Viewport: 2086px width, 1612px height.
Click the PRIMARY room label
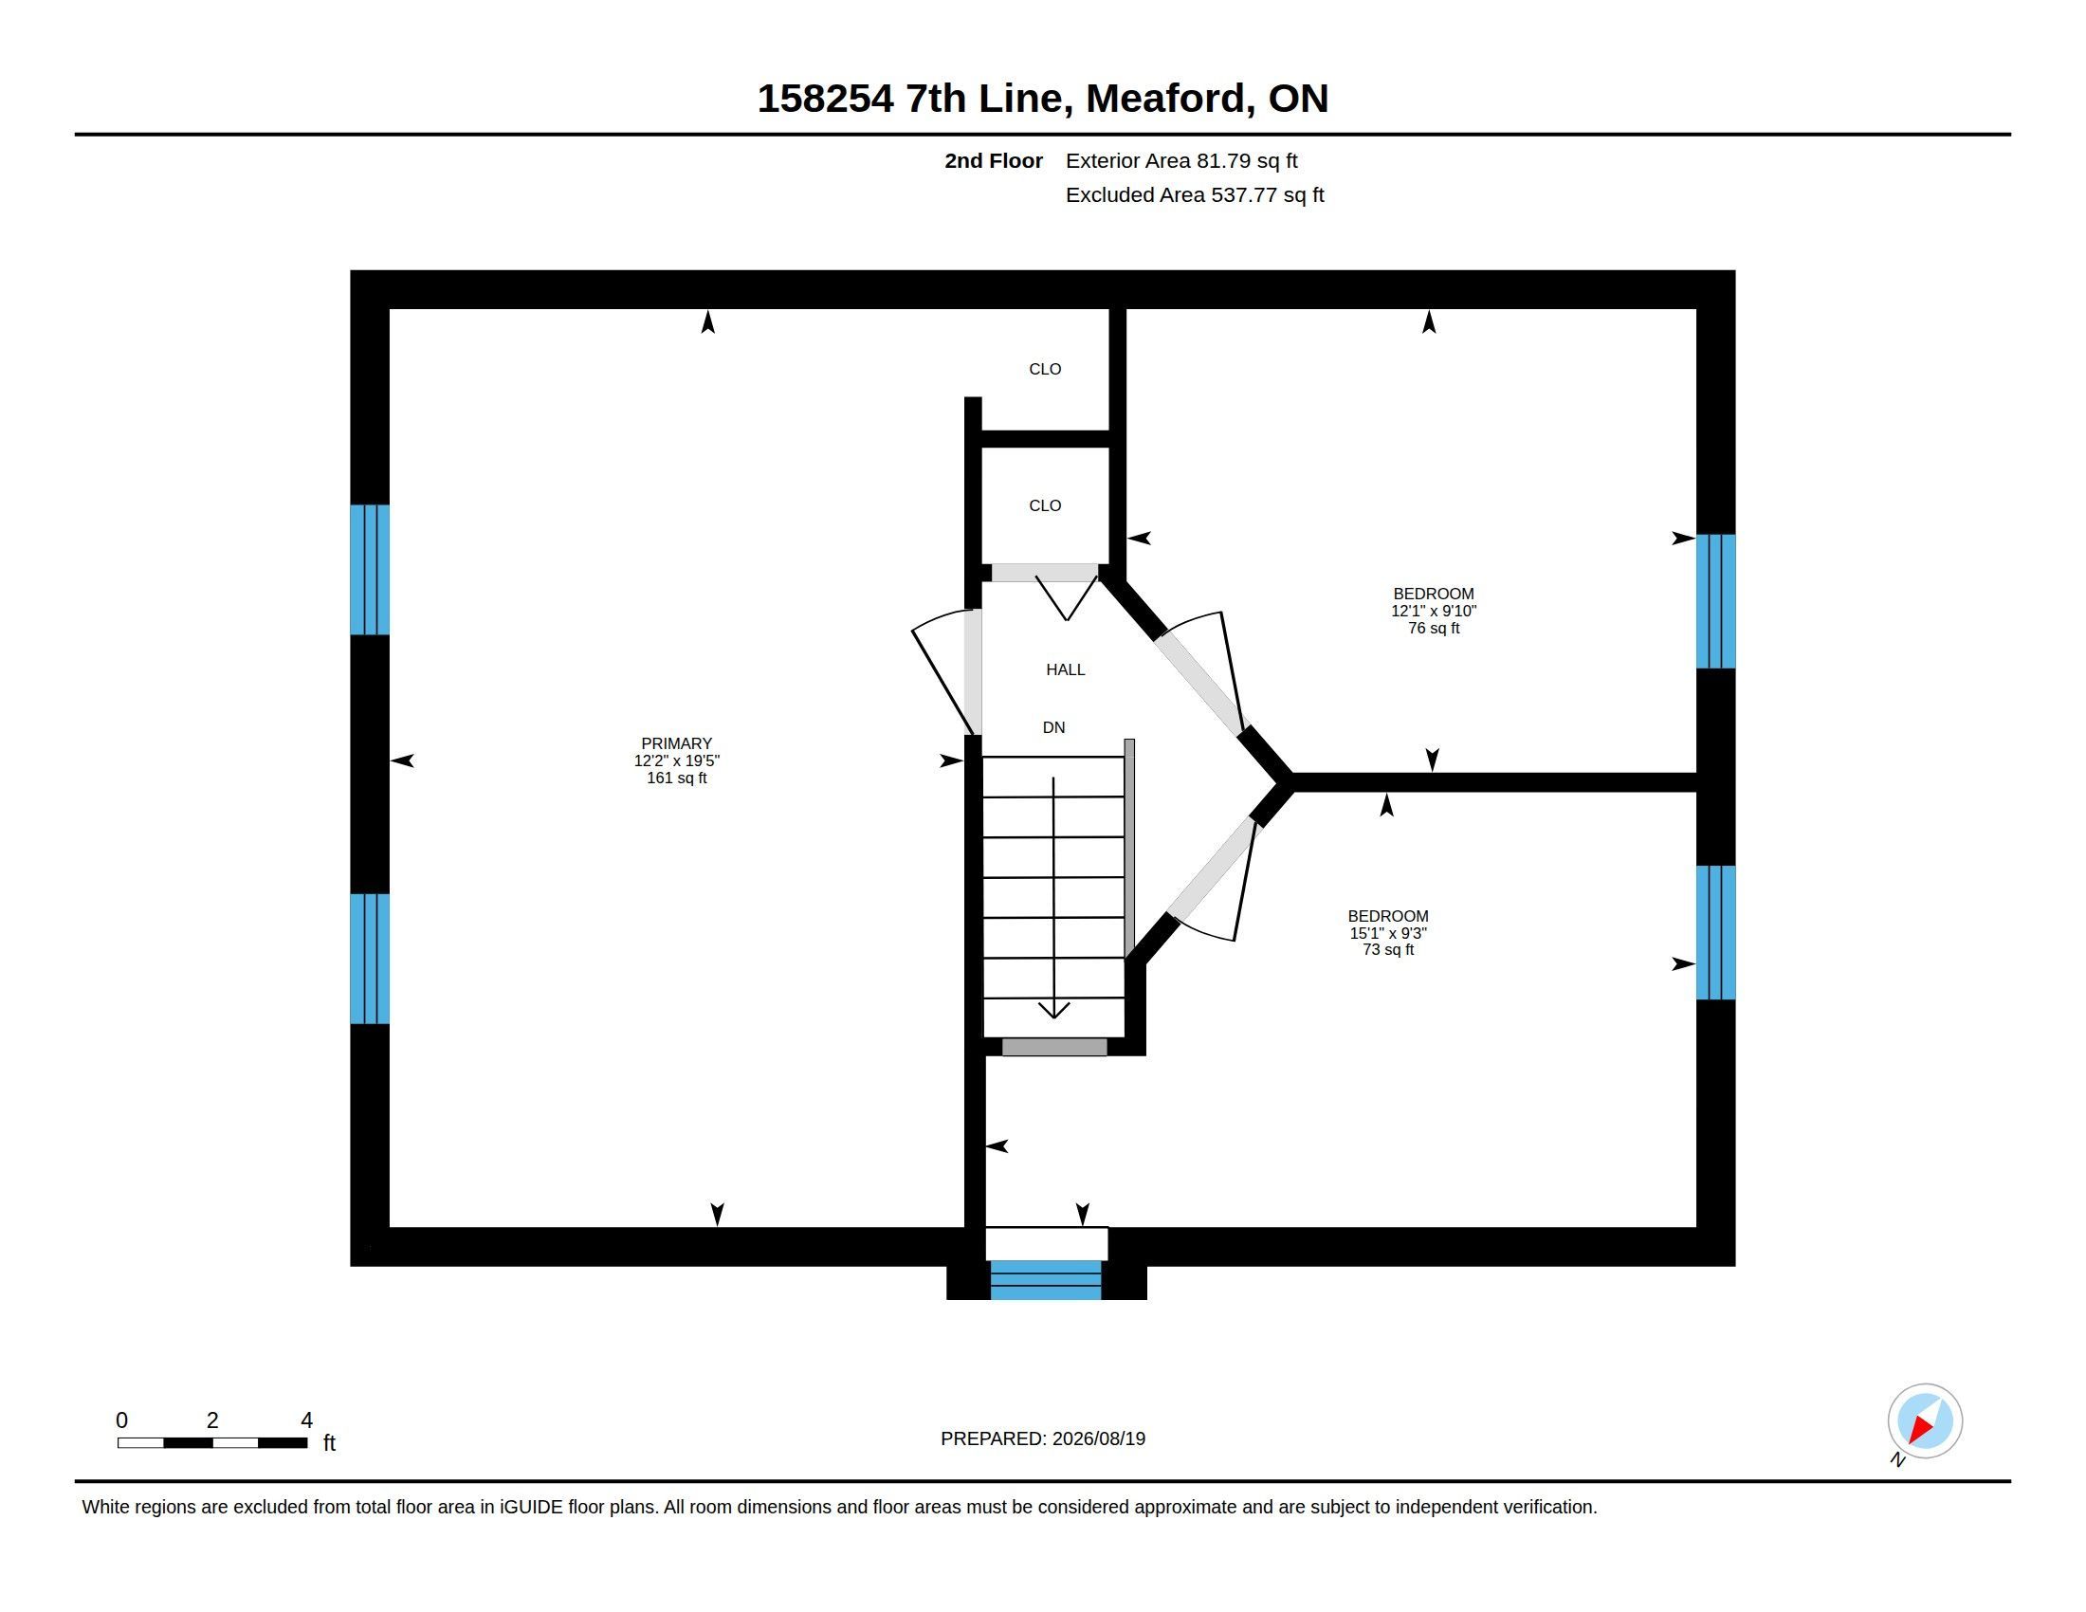point(676,743)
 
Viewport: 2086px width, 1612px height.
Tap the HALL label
point(1065,669)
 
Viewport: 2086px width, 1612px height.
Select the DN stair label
point(1053,727)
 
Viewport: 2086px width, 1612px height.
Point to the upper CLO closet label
point(1045,369)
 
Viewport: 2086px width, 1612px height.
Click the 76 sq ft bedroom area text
point(1434,629)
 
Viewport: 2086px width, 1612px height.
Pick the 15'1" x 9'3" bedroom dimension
point(1388,933)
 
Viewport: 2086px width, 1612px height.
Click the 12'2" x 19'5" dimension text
point(676,761)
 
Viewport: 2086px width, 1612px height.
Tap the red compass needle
point(1921,1430)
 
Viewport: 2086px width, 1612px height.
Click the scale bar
point(212,1443)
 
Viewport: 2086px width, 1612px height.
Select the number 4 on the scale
point(306,1420)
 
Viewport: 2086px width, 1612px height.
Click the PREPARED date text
point(1043,1438)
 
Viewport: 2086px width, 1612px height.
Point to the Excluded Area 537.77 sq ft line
point(1195,194)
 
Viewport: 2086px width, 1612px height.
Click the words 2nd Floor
point(994,161)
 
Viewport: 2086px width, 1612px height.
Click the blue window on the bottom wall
point(1046,1280)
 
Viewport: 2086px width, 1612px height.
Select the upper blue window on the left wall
point(370,570)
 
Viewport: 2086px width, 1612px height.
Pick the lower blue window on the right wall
point(1715,932)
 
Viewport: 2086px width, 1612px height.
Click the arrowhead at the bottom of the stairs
point(1053,1011)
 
